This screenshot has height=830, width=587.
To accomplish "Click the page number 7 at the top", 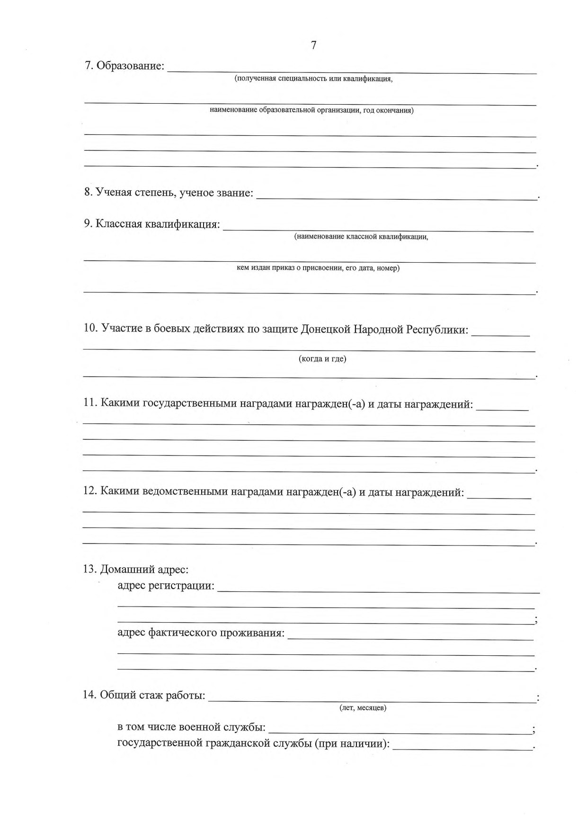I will click(x=313, y=45).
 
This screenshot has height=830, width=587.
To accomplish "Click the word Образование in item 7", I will click(x=130, y=66).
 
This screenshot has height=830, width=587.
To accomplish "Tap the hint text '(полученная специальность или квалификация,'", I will click(x=314, y=79).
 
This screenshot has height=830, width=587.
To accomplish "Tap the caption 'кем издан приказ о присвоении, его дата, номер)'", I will click(x=318, y=268).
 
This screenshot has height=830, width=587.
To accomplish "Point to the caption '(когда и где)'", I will click(x=322, y=359).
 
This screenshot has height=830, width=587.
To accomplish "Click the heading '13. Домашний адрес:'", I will click(x=136, y=569).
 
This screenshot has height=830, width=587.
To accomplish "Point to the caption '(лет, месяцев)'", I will click(x=363, y=708).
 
